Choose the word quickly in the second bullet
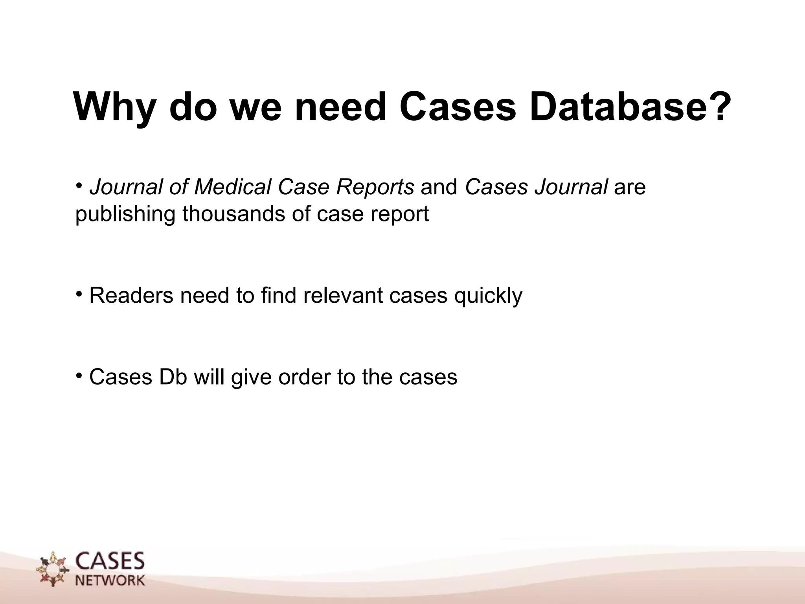488,296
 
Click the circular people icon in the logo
52,569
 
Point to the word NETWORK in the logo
110,580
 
